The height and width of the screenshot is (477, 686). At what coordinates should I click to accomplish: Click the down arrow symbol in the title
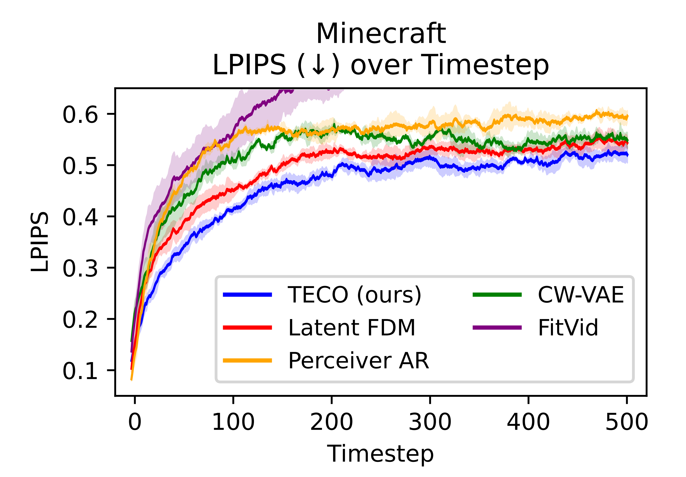pyautogui.click(x=318, y=65)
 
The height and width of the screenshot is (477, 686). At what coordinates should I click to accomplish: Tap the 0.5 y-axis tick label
pyautogui.click(x=80, y=166)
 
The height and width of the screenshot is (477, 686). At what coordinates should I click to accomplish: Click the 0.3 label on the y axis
pyautogui.click(x=80, y=268)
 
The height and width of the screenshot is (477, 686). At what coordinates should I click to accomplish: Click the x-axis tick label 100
pyautogui.click(x=233, y=422)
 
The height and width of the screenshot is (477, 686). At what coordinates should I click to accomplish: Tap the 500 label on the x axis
pyautogui.click(x=627, y=422)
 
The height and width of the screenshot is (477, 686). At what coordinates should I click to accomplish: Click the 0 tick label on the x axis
pyautogui.click(x=135, y=422)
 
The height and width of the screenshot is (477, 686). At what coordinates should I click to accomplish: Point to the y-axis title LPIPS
pyautogui.click(x=40, y=242)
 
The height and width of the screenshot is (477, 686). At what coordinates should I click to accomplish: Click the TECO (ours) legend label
pyautogui.click(x=354, y=295)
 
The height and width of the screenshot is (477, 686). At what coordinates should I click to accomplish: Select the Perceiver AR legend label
pyautogui.click(x=358, y=361)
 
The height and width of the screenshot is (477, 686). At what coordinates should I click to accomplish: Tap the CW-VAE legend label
pyautogui.click(x=581, y=295)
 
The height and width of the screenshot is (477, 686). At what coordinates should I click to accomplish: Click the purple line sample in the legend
pyautogui.click(x=497, y=328)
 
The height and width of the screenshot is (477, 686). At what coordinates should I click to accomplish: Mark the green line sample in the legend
pyautogui.click(x=497, y=295)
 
